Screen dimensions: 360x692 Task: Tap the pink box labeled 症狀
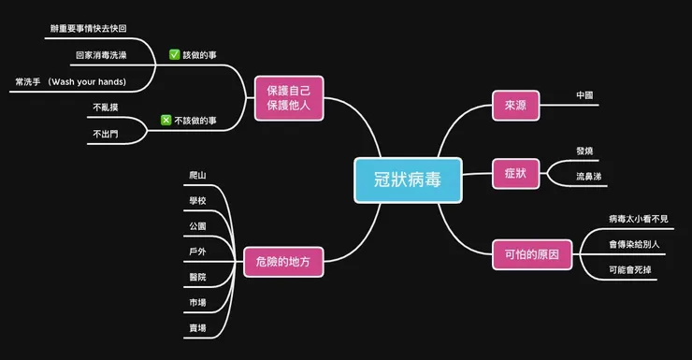click(516, 173)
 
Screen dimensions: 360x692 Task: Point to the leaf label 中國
click(585, 95)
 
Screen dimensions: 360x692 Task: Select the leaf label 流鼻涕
click(590, 175)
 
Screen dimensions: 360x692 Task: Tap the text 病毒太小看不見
click(639, 219)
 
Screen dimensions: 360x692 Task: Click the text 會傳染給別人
click(635, 244)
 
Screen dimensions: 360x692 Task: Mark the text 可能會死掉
click(629, 270)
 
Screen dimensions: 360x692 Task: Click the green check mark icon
click(174, 55)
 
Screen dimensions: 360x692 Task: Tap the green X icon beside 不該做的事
click(165, 121)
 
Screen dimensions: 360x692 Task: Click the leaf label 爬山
click(197, 175)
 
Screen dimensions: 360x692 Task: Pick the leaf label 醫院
click(197, 278)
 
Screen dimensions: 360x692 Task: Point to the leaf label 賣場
click(197, 328)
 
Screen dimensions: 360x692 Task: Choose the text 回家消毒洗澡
click(102, 55)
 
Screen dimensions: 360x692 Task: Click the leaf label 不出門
click(106, 134)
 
